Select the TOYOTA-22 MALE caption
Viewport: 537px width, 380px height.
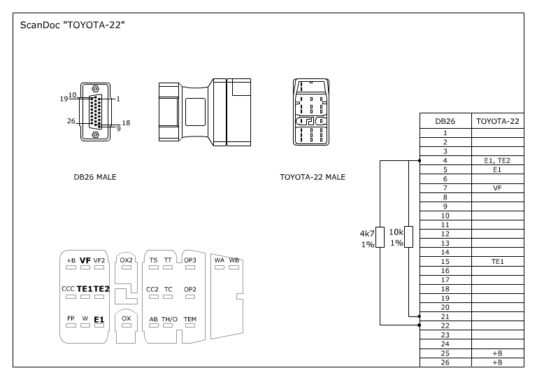313,177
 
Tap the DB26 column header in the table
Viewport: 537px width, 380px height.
445,121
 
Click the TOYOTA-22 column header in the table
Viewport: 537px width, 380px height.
497,121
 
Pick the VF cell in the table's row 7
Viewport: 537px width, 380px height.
497,188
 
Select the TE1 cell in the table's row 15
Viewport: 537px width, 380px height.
497,261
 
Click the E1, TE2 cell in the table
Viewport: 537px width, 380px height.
497,160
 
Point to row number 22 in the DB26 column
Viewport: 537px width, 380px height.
445,325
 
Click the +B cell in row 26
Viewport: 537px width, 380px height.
497,362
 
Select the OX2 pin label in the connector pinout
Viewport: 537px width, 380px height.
127,260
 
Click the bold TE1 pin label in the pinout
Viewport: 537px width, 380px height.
84,289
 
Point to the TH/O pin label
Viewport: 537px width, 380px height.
169,319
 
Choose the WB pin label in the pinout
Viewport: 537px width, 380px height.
234,260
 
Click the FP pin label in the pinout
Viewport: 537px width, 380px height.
71,318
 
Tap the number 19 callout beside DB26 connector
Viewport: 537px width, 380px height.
64,99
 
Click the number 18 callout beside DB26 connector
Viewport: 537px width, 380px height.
127,122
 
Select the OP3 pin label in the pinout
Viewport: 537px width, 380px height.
190,260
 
